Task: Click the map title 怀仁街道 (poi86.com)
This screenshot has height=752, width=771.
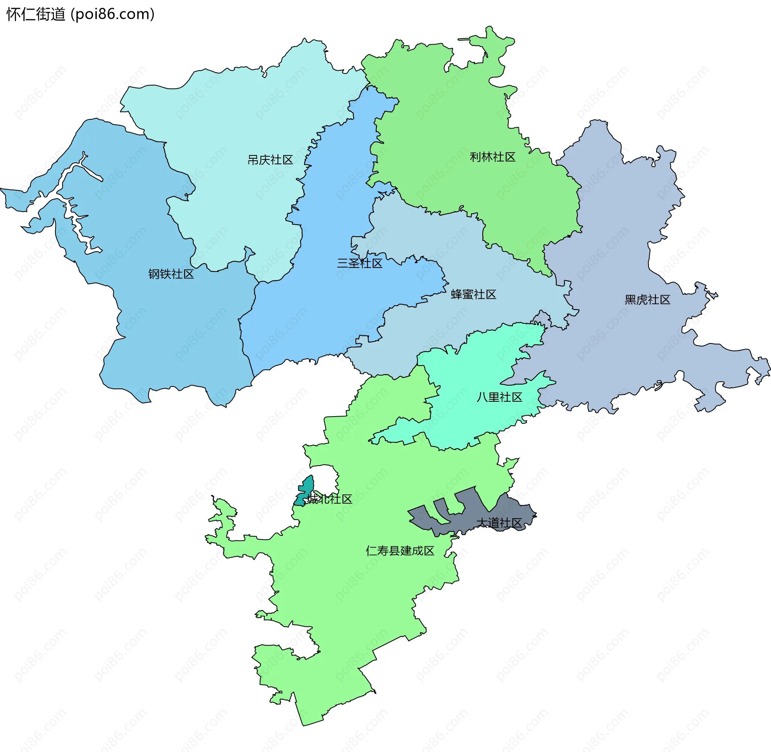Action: tap(80, 14)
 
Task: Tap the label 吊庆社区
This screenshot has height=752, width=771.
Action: tap(270, 160)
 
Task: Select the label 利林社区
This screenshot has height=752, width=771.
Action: tap(493, 157)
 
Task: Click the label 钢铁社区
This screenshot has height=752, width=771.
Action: tap(171, 274)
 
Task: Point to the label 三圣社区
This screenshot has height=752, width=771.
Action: tap(359, 264)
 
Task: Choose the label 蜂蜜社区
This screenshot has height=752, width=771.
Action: tap(473, 294)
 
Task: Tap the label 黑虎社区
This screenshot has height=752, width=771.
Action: tap(647, 300)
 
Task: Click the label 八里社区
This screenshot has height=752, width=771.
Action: tap(499, 397)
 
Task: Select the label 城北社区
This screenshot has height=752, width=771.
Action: tap(329, 499)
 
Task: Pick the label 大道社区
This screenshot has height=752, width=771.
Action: tap(499, 523)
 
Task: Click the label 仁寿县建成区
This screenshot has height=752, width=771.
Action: tap(400, 551)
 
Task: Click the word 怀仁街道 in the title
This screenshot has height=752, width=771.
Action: tap(36, 14)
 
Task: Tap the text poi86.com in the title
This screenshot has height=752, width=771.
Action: tap(112, 14)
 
